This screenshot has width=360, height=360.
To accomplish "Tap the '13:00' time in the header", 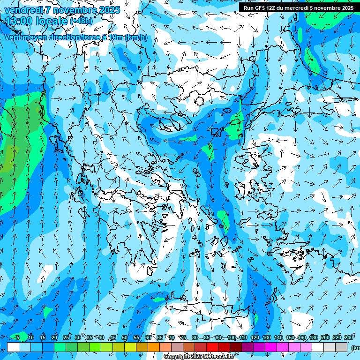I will click(x=19, y=21).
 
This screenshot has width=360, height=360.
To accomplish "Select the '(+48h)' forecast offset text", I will click(x=81, y=21).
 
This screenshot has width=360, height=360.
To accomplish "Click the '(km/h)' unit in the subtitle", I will click(x=136, y=37).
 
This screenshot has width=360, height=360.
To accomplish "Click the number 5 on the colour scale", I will click(x=17, y=338).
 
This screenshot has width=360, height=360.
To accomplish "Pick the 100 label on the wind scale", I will click(x=232, y=338).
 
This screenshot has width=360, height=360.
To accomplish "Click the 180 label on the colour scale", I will click(x=314, y=338).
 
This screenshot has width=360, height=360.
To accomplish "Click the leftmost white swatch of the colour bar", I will click(x=13, y=347).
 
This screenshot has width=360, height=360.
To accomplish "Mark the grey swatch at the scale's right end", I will click(x=342, y=347).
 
